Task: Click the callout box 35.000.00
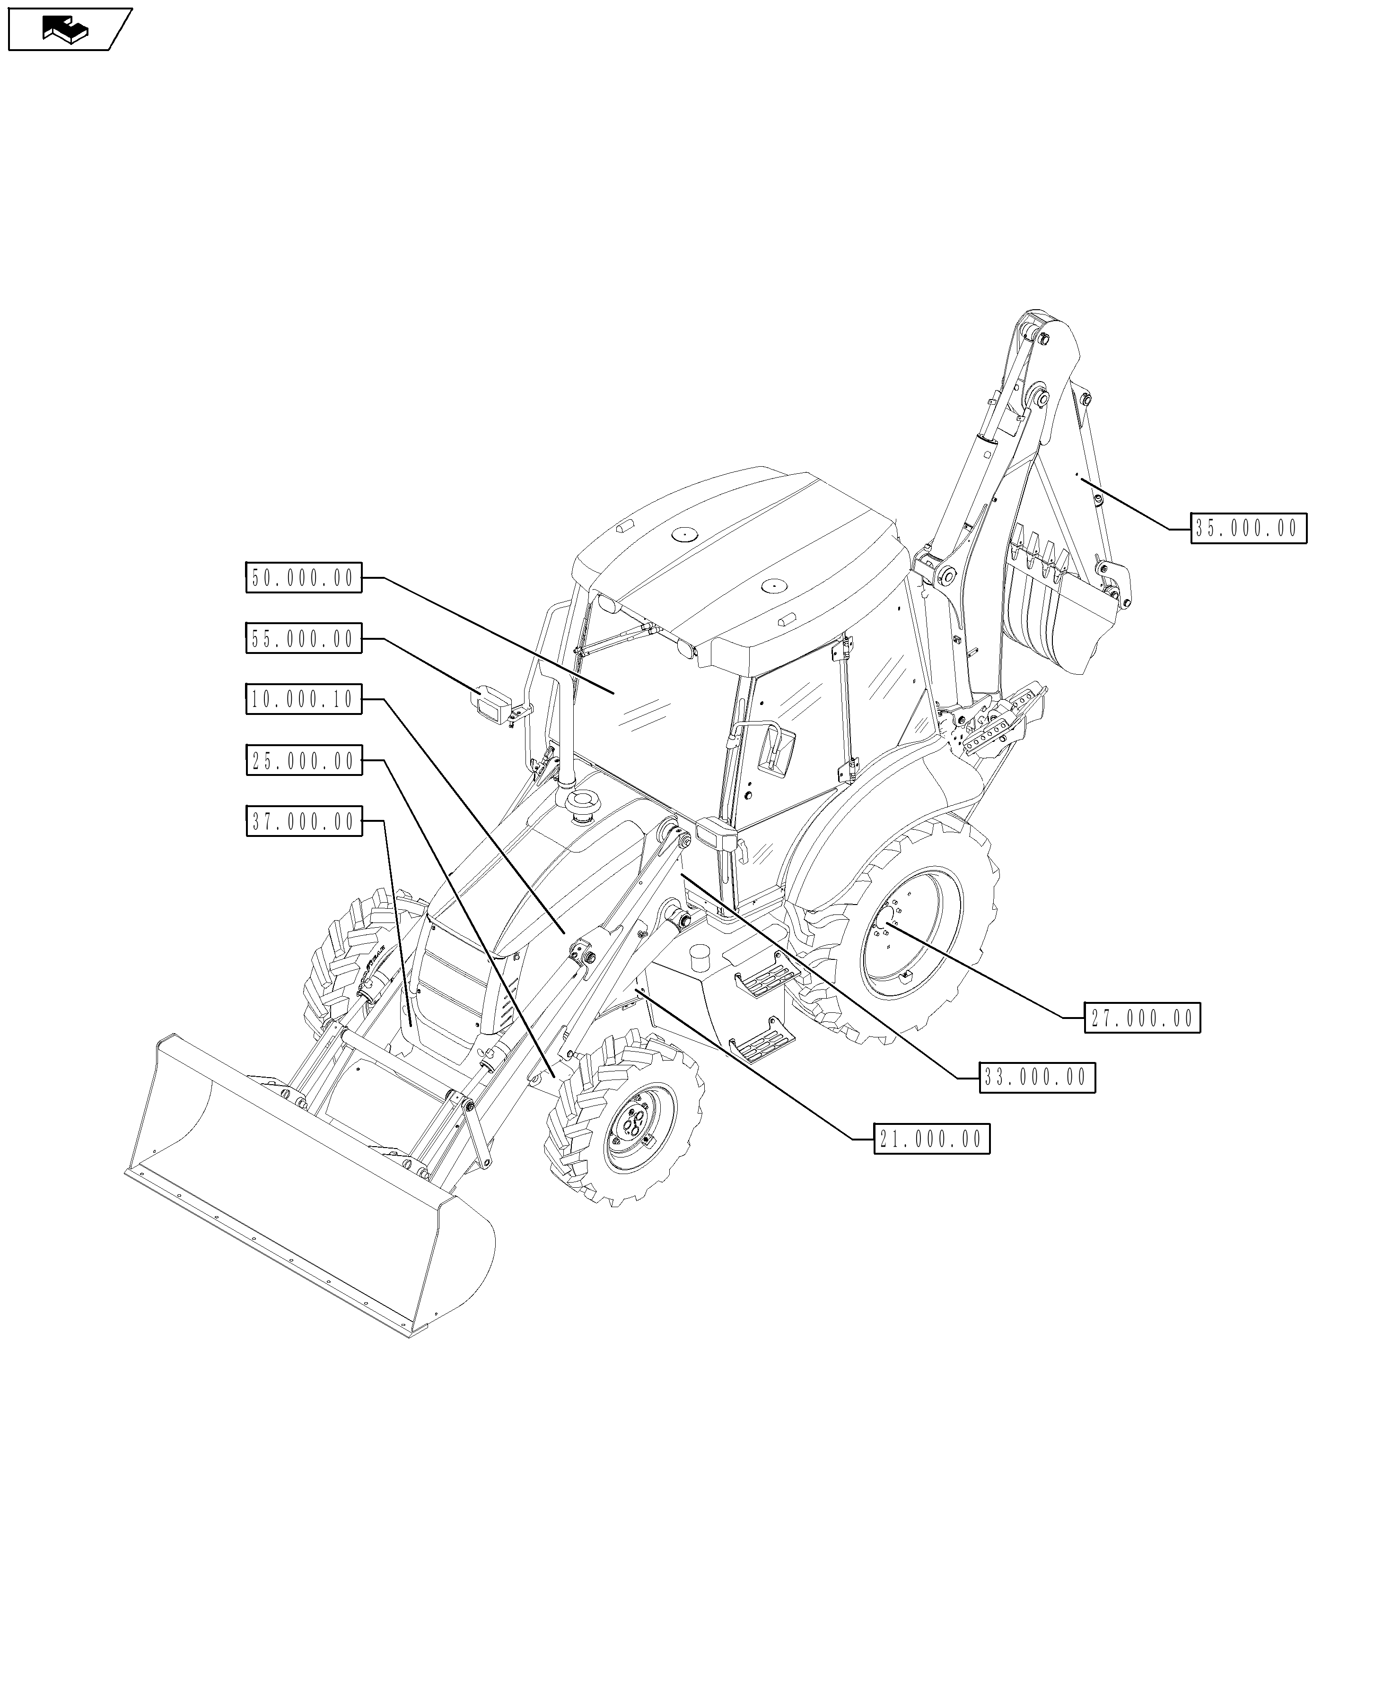pyautogui.click(x=1248, y=528)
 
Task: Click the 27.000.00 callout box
pyautogui.click(x=1142, y=1018)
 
